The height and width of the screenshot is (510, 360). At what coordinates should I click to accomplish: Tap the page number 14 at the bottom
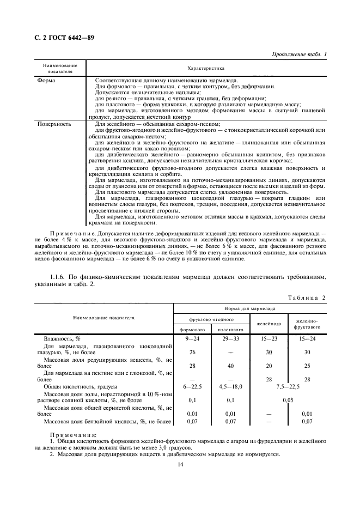click(180, 464)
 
